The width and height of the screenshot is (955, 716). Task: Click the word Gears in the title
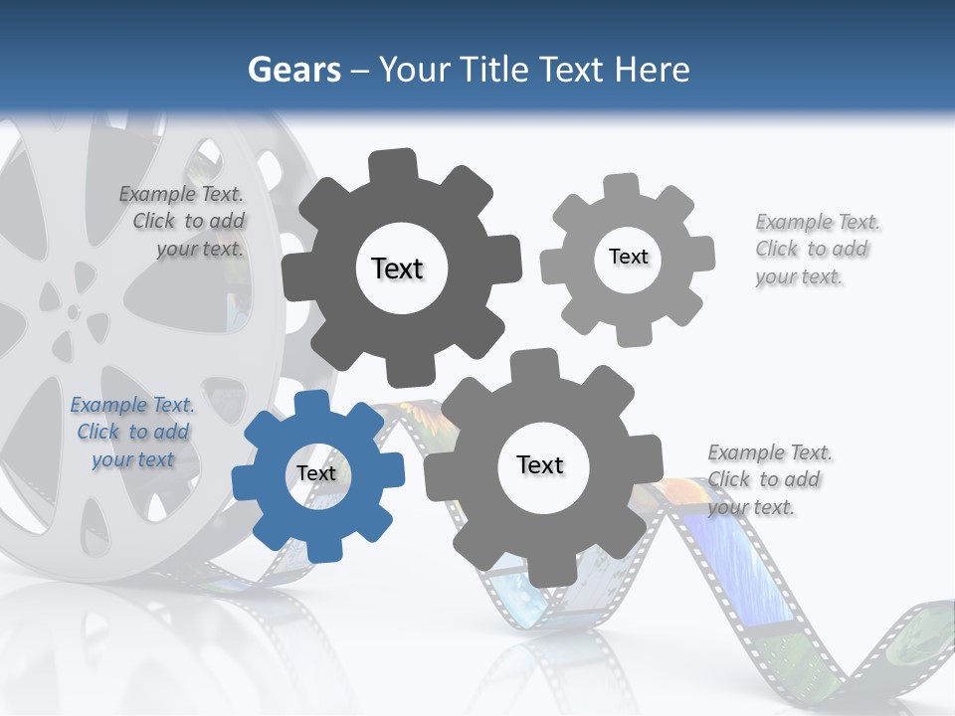pyautogui.click(x=294, y=70)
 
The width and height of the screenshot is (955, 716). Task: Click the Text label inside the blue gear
pyautogui.click(x=316, y=473)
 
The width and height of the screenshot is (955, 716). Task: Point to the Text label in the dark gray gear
pyautogui.click(x=397, y=268)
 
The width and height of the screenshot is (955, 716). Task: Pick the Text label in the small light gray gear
pyautogui.click(x=628, y=257)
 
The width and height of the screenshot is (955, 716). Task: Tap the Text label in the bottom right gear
pyautogui.click(x=540, y=464)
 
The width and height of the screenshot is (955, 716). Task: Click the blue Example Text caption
pyautogui.click(x=132, y=432)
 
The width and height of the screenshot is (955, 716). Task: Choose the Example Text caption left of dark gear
pyautogui.click(x=183, y=221)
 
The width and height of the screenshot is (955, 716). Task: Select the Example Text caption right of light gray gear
pyautogui.click(x=816, y=249)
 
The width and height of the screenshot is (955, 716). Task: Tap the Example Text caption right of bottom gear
pyautogui.click(x=768, y=479)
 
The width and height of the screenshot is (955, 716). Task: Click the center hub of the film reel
pyautogui.click(x=74, y=311)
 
